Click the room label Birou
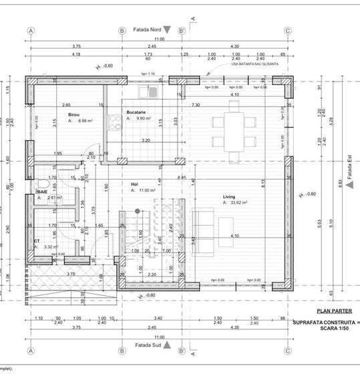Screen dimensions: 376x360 (x=73, y=115)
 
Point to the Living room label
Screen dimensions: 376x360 (x=229, y=196)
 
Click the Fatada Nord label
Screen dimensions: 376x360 (x=148, y=30)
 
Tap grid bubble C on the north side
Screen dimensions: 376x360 (x=287, y=31)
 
